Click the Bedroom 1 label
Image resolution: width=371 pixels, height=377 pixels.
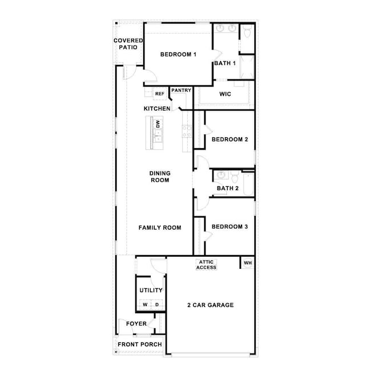(x=178, y=55)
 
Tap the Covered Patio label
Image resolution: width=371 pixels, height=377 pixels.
(x=128, y=44)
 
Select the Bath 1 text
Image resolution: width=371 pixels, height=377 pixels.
(x=225, y=63)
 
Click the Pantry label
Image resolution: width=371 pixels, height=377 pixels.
(x=181, y=90)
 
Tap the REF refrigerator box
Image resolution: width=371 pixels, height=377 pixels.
(x=160, y=93)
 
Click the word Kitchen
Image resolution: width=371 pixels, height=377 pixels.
(x=156, y=108)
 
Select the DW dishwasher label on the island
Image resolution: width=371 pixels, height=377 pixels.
(x=158, y=123)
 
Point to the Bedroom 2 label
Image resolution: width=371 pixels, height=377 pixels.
(x=229, y=140)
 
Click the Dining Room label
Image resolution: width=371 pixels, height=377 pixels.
(x=160, y=177)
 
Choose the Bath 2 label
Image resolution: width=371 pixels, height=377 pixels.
(x=227, y=188)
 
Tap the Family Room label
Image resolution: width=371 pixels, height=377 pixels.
(x=160, y=228)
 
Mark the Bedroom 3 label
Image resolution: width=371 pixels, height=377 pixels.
(x=229, y=227)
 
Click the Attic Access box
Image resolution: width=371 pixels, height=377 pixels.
(x=207, y=265)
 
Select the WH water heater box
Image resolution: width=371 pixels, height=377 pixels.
(x=248, y=263)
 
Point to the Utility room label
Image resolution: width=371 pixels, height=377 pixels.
(x=151, y=290)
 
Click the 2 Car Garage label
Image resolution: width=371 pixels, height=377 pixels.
(x=211, y=305)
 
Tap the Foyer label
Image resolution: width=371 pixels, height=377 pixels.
(x=136, y=325)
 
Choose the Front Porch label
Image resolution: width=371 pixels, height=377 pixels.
(x=140, y=345)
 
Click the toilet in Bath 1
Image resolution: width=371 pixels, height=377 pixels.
(x=246, y=32)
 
